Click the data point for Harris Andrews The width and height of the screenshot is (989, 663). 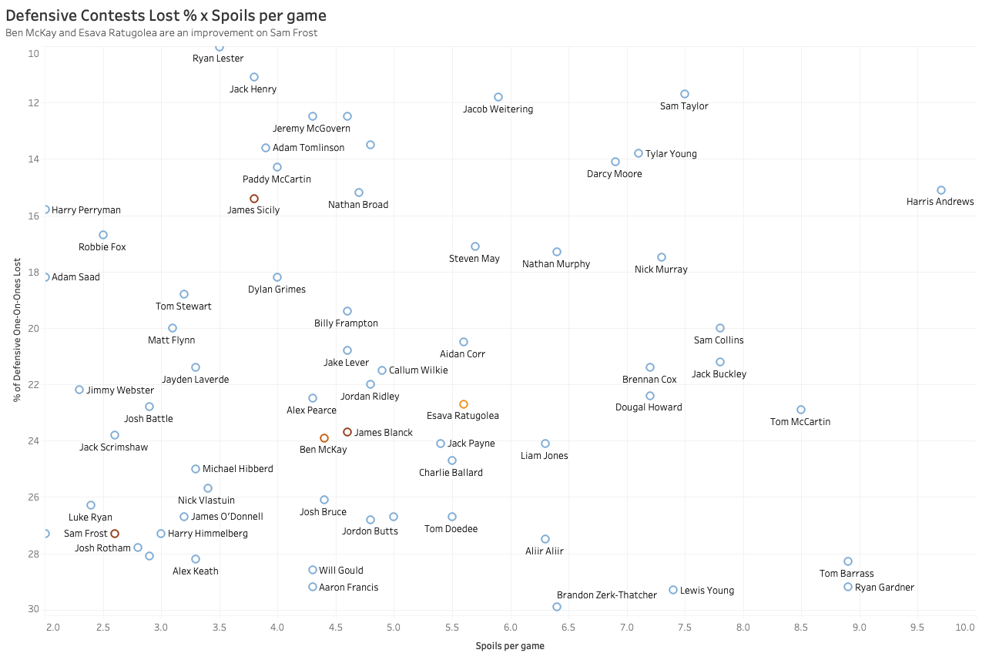tap(940, 190)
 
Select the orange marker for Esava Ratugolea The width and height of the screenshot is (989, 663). tap(464, 404)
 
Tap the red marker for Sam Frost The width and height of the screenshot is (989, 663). tap(115, 534)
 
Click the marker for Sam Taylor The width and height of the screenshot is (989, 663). tap(685, 94)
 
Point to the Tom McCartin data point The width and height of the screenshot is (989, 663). tap(801, 410)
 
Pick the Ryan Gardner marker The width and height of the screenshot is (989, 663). tap(848, 587)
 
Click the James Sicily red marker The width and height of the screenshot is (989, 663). tap(254, 199)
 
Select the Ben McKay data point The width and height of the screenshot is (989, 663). tap(324, 438)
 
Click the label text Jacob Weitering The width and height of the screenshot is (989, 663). tap(498, 109)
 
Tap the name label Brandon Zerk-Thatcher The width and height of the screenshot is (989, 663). tap(607, 595)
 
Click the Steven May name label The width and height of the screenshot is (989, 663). tap(474, 259)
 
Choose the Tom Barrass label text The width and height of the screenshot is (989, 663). tap(847, 574)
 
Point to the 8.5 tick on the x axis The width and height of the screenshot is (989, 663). tap(801, 628)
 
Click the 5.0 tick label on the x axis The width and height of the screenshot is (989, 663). tap(394, 628)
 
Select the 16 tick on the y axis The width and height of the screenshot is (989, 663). tap(34, 216)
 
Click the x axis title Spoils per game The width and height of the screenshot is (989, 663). tap(510, 646)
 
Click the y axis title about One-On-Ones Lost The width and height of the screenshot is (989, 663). tap(16, 328)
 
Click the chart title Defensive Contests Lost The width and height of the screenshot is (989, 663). tap(166, 15)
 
